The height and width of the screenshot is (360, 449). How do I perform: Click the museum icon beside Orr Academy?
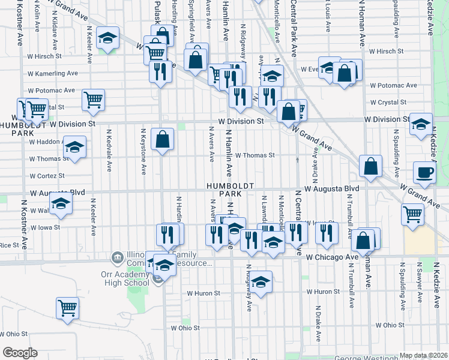pos(117,258)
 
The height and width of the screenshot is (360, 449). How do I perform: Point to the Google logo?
pos(20,353)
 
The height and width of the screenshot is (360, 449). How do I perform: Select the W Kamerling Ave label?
pos(53,73)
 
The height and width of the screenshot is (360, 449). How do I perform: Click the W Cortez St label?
pos(47,176)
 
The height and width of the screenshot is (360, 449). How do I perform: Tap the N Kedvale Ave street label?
pos(109,149)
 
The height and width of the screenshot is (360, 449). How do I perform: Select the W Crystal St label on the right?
pos(393,103)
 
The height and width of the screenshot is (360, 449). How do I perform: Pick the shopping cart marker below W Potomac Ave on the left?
pos(94,101)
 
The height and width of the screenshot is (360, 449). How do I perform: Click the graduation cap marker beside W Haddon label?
pos(74,148)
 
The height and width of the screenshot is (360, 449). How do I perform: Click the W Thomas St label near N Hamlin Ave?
pos(255,155)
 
